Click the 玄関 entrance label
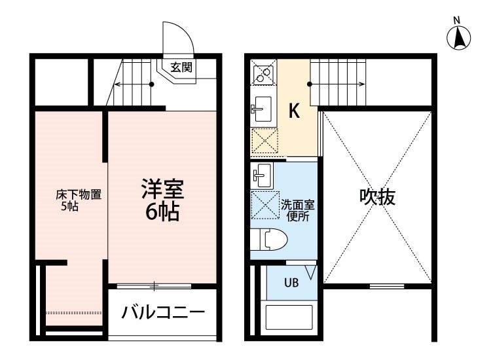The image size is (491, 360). [x=181, y=67]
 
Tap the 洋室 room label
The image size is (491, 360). [x=162, y=189]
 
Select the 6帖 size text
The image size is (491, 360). [x=162, y=212]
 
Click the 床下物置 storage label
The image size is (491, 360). [x=79, y=194]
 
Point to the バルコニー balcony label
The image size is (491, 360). [x=163, y=312]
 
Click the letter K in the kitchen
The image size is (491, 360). [x=294, y=110]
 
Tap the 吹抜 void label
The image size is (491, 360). [x=377, y=197]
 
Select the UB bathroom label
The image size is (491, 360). [x=291, y=283]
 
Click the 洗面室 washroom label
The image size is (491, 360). [x=297, y=205]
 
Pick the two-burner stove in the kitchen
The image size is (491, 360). [x=263, y=72]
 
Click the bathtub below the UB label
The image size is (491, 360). [x=289, y=317]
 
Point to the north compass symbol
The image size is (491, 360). [x=458, y=38]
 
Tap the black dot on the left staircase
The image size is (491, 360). [x=152, y=84]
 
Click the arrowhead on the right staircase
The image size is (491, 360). [x=362, y=84]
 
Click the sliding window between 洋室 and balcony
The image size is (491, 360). [x=154, y=286]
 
